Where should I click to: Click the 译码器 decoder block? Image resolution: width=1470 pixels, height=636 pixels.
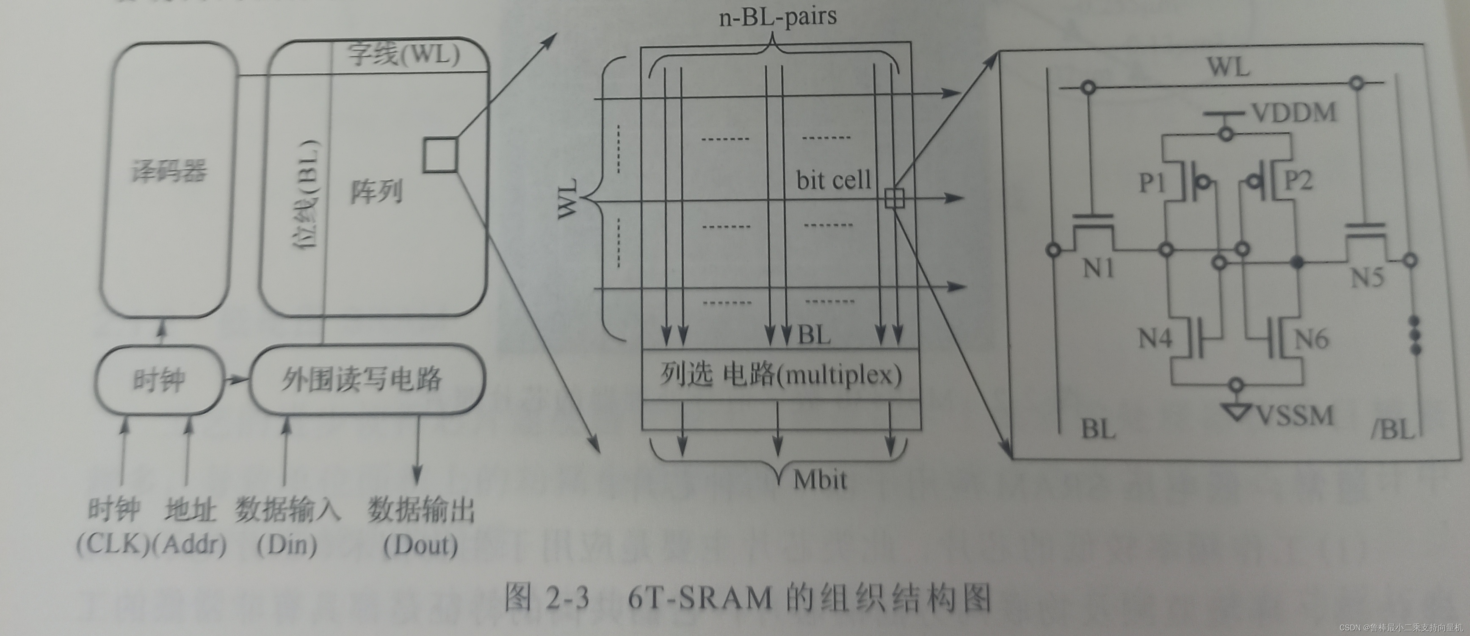(x=169, y=171)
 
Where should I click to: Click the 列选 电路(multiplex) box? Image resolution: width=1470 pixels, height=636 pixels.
(x=781, y=375)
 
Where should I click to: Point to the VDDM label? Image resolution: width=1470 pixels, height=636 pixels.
(x=1295, y=113)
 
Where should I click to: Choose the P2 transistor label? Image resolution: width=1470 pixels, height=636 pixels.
(x=1298, y=181)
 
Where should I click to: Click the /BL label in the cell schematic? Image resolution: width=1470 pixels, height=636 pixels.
(x=1393, y=428)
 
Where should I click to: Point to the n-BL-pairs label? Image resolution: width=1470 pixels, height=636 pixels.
(x=777, y=17)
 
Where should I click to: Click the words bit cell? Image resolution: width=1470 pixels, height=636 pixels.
(x=833, y=180)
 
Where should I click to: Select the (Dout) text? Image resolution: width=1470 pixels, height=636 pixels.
(x=420, y=545)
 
